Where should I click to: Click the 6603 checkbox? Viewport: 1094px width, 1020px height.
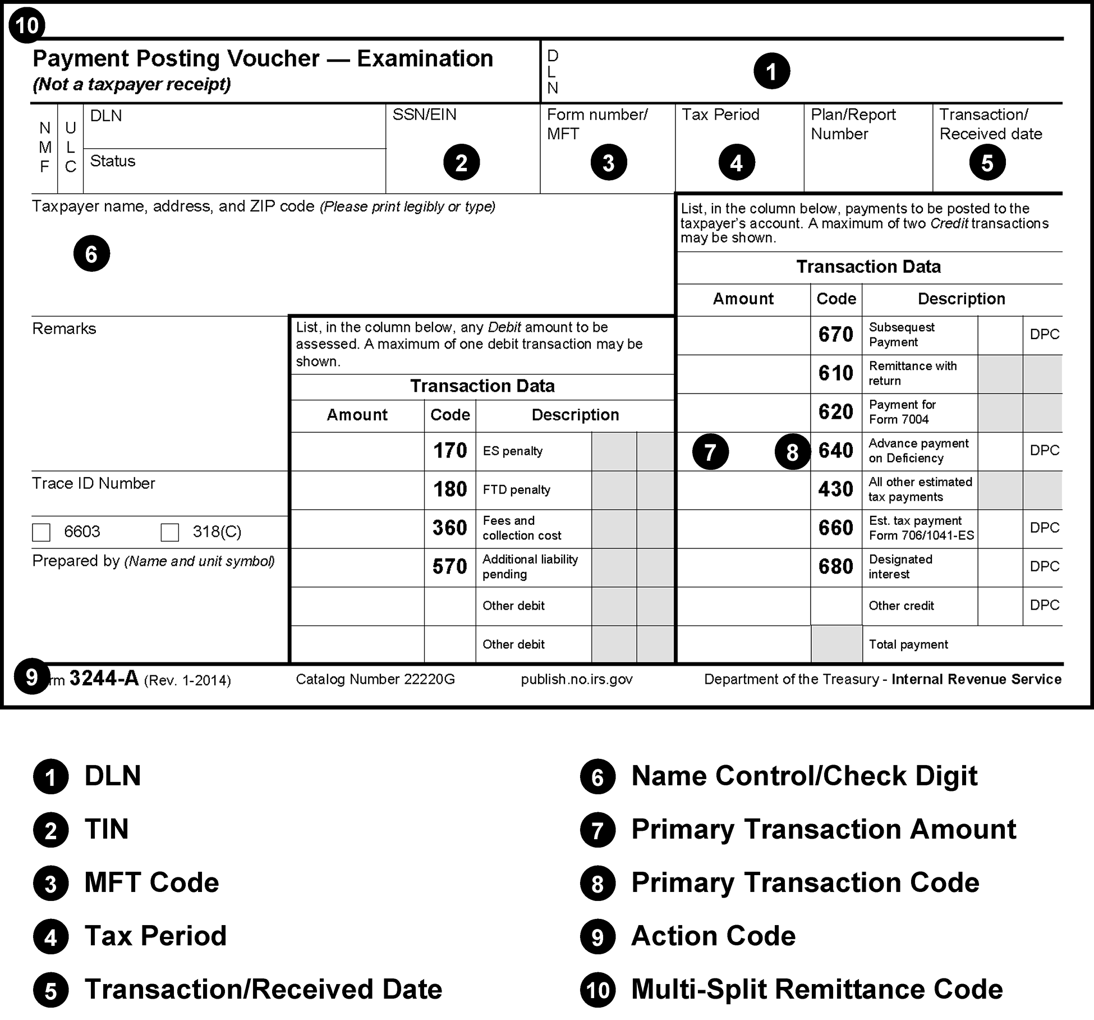click(42, 532)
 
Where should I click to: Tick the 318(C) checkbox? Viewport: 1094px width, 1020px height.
click(169, 532)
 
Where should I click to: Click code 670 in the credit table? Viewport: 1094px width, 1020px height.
click(835, 335)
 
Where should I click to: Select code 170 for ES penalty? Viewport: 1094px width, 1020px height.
click(450, 451)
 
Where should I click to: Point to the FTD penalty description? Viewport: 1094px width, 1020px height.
click(516, 490)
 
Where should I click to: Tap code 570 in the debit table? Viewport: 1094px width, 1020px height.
click(450, 567)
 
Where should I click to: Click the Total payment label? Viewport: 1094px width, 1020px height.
click(908, 644)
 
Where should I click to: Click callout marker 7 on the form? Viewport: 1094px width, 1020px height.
click(710, 452)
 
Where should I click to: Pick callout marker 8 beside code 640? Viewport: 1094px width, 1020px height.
click(792, 452)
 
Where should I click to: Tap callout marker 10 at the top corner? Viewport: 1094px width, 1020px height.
click(27, 25)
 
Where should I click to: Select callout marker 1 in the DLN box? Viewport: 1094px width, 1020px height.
click(771, 71)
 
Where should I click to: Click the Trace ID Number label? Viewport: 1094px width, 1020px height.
click(93, 483)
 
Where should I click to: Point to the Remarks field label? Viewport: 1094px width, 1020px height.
click(64, 328)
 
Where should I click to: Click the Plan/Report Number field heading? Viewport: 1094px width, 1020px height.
click(853, 124)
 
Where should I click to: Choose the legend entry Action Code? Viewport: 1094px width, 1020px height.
click(713, 936)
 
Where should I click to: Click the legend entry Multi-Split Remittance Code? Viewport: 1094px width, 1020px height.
click(816, 989)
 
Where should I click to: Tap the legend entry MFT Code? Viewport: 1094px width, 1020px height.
click(151, 882)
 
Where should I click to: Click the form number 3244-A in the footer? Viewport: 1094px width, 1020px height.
click(104, 679)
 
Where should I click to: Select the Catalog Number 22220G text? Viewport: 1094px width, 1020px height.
click(375, 679)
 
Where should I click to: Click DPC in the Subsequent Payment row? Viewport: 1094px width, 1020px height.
click(1044, 335)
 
